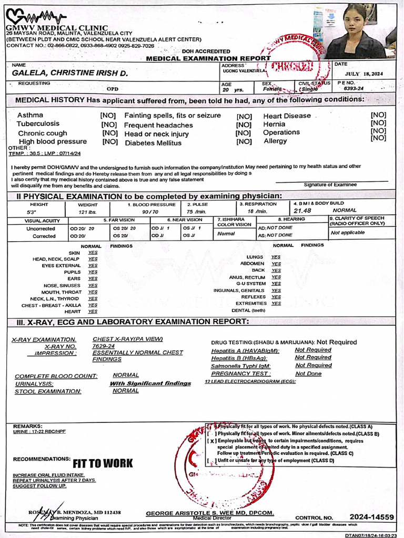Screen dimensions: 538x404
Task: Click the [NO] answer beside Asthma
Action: (x=109, y=115)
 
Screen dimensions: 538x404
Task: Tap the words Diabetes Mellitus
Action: (x=154, y=142)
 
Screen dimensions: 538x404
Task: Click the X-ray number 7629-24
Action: (x=104, y=346)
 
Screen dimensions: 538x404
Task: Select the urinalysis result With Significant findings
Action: (x=150, y=384)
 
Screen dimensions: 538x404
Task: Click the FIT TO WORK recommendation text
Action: (x=103, y=463)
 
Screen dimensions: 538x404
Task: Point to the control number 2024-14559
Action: (x=371, y=517)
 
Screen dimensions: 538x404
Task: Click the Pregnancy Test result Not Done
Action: (x=308, y=374)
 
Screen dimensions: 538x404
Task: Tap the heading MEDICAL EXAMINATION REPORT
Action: (x=208, y=58)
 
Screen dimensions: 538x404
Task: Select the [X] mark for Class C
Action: (x=211, y=441)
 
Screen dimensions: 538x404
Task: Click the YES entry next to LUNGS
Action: (x=276, y=257)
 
